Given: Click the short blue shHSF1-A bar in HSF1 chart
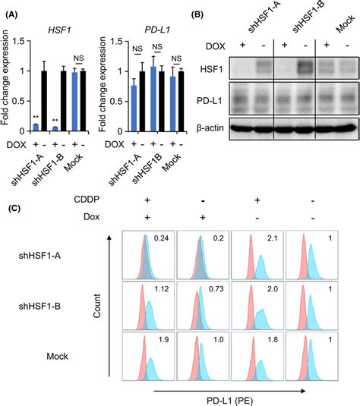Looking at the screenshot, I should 34,124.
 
